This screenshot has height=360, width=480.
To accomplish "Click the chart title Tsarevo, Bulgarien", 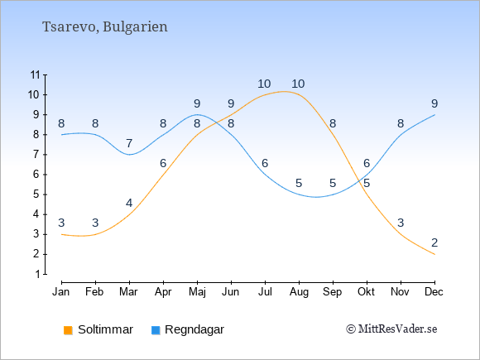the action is click(x=105, y=26).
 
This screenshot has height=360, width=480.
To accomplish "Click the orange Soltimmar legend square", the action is click(x=68, y=330).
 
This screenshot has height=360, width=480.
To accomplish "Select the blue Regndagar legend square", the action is click(x=156, y=330).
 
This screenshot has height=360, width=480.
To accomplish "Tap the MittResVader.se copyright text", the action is click(x=391, y=329).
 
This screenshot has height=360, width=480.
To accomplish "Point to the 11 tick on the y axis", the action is click(x=36, y=74).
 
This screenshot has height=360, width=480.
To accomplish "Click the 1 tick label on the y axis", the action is click(x=37, y=274).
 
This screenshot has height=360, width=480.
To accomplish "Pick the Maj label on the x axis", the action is click(x=197, y=292).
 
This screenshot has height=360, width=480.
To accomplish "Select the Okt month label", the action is click(x=366, y=292).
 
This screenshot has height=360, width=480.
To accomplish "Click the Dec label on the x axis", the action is click(x=434, y=292).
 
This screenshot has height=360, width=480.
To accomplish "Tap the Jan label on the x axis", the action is click(x=61, y=292).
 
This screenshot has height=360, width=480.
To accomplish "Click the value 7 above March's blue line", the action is click(x=129, y=143).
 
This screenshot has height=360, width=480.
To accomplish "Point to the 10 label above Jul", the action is click(x=264, y=84).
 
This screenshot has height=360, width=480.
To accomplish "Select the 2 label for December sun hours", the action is click(x=434, y=242).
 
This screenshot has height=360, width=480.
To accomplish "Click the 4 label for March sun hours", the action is click(x=129, y=203).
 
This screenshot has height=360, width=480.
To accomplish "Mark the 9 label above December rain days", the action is click(x=434, y=103).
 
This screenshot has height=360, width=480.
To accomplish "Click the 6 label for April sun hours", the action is click(x=163, y=163).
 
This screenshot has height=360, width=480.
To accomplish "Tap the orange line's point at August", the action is click(x=299, y=94).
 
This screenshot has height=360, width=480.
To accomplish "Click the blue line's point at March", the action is click(x=129, y=155).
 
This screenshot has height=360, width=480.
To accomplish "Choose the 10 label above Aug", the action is click(x=298, y=84).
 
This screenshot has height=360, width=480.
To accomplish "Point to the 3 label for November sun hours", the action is click(x=401, y=223).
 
